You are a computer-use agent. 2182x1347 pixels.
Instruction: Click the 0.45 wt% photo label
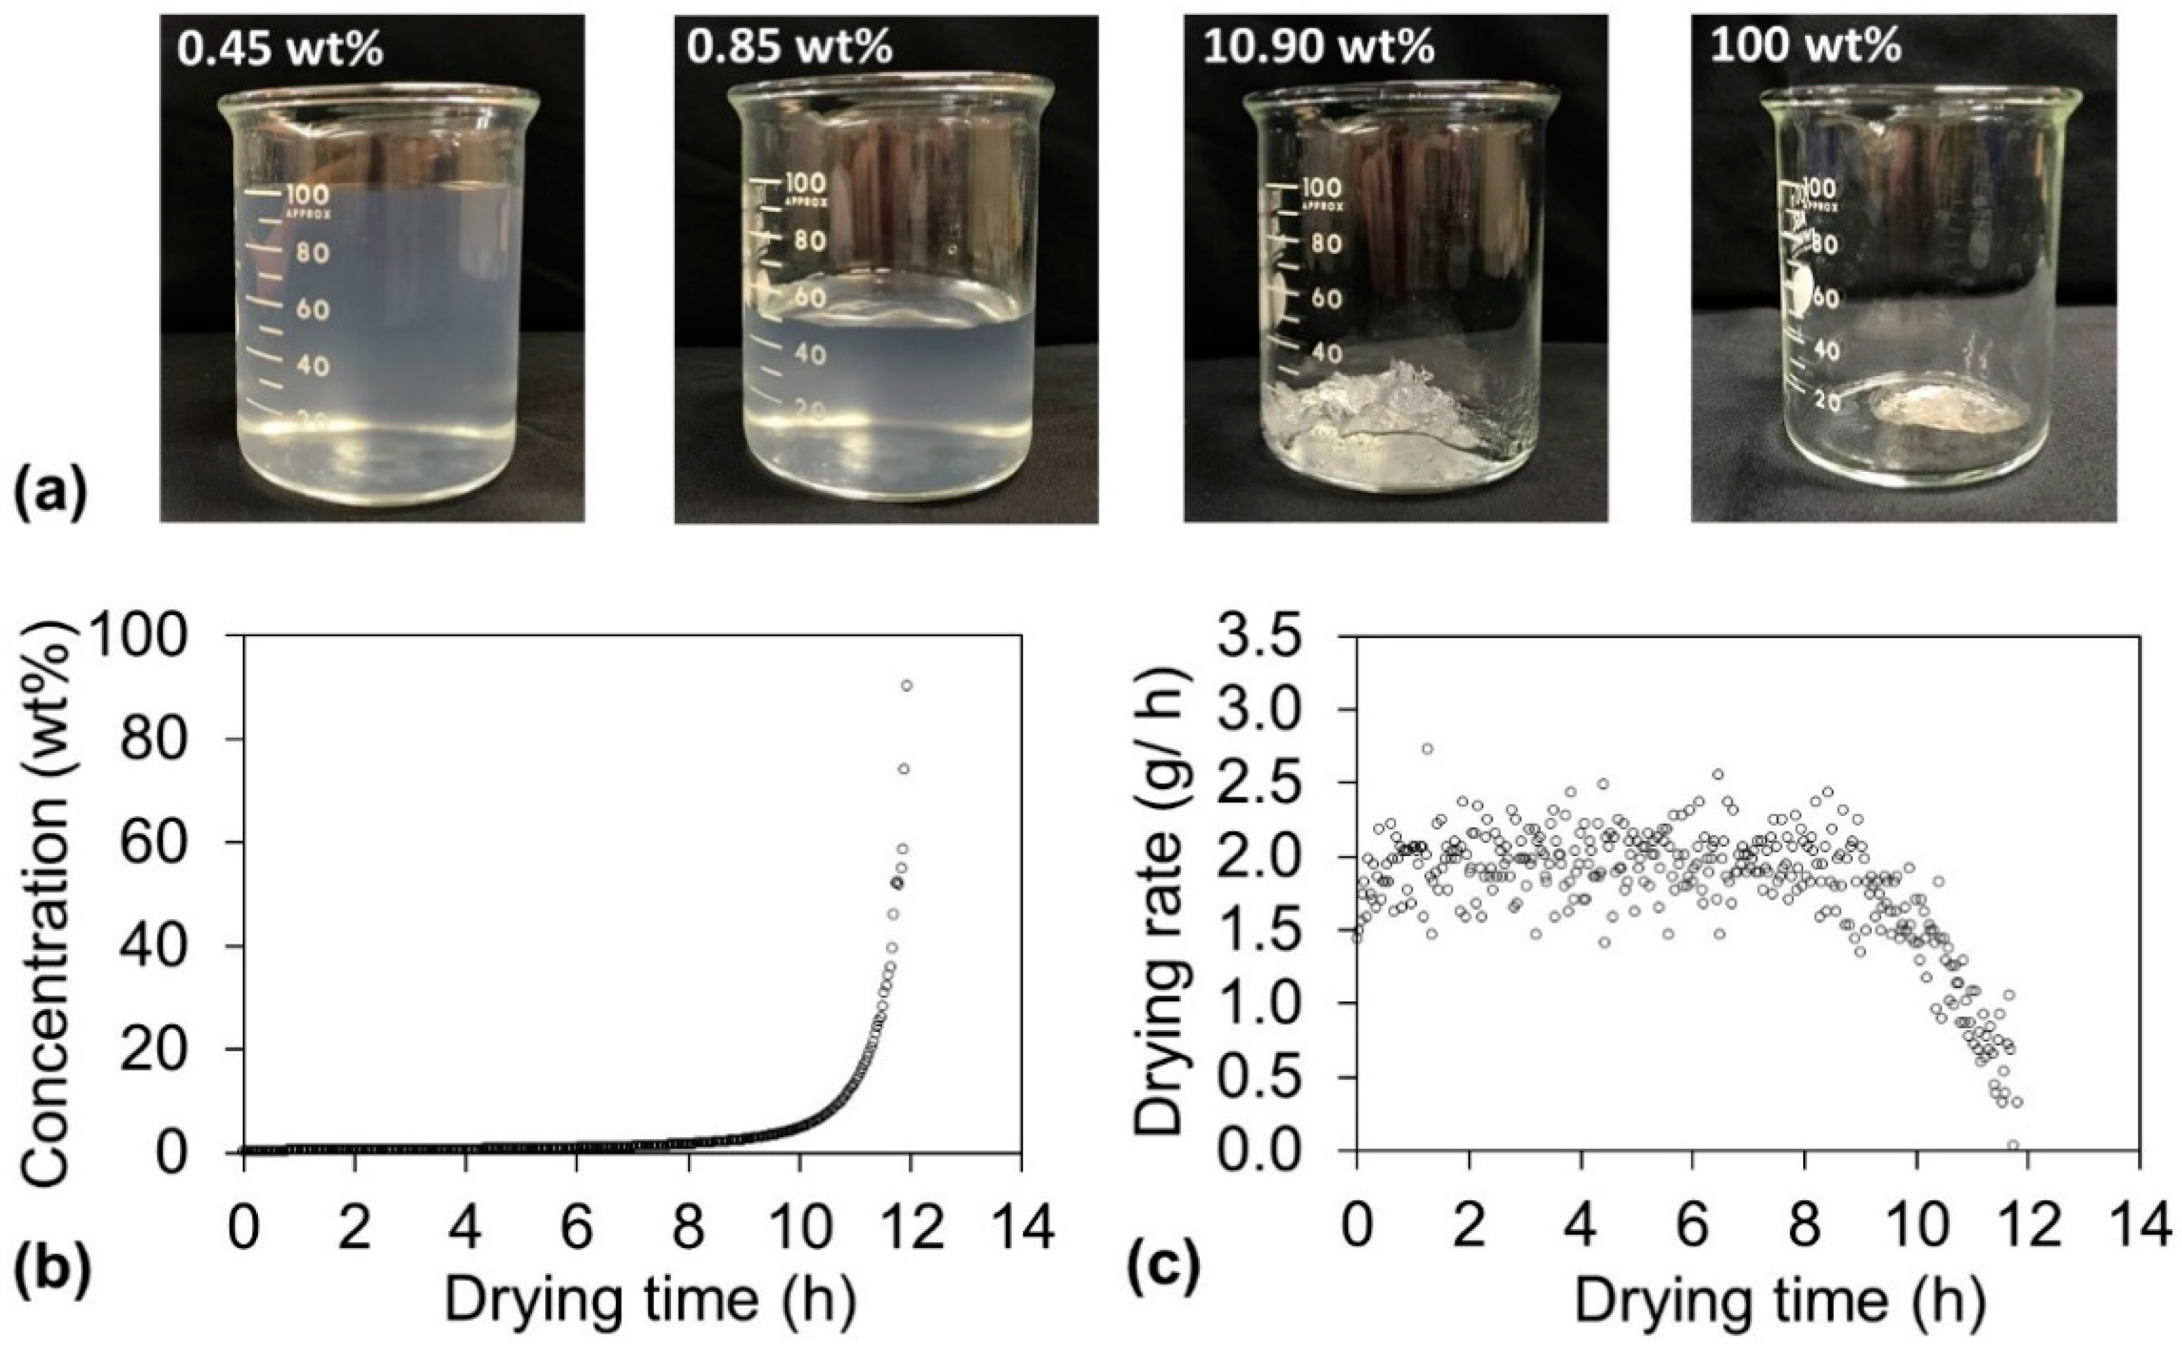[x=280, y=49]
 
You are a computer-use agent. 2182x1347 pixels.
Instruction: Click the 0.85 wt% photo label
[x=788, y=46]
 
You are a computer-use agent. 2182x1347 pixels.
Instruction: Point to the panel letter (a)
[x=51, y=493]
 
